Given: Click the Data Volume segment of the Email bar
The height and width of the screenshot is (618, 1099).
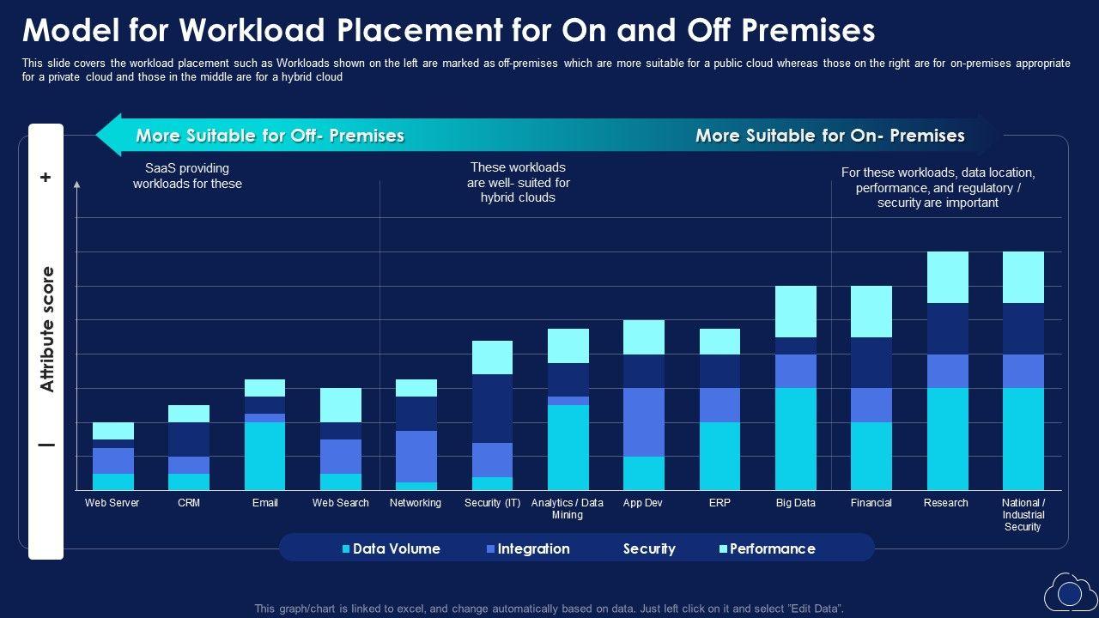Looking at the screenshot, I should (x=264, y=456).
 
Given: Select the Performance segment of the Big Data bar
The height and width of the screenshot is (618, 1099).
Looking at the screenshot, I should (x=796, y=311).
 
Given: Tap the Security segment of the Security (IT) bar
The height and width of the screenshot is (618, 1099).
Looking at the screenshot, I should (x=493, y=409).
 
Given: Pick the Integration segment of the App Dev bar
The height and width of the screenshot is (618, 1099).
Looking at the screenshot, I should (x=644, y=421).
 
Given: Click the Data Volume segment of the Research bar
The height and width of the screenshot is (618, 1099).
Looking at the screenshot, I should (x=947, y=439).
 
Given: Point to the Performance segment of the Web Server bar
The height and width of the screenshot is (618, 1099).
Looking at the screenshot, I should (x=113, y=430).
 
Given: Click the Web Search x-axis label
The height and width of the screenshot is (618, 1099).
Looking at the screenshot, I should (x=340, y=503).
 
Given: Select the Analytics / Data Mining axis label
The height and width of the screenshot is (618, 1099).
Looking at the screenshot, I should (x=568, y=509).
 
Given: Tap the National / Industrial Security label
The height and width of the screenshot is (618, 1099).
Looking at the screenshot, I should (x=1023, y=515).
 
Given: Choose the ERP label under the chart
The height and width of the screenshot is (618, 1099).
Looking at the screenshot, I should (x=720, y=503).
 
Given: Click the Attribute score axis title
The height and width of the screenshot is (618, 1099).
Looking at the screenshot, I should (x=47, y=330).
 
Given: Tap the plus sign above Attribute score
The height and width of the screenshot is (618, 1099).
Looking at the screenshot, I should (x=46, y=178).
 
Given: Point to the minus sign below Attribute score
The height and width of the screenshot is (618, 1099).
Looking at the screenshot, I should (x=46, y=445).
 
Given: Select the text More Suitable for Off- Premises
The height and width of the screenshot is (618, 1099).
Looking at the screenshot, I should (x=270, y=136).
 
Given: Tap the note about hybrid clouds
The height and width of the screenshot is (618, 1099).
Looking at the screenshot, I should (x=519, y=183).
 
